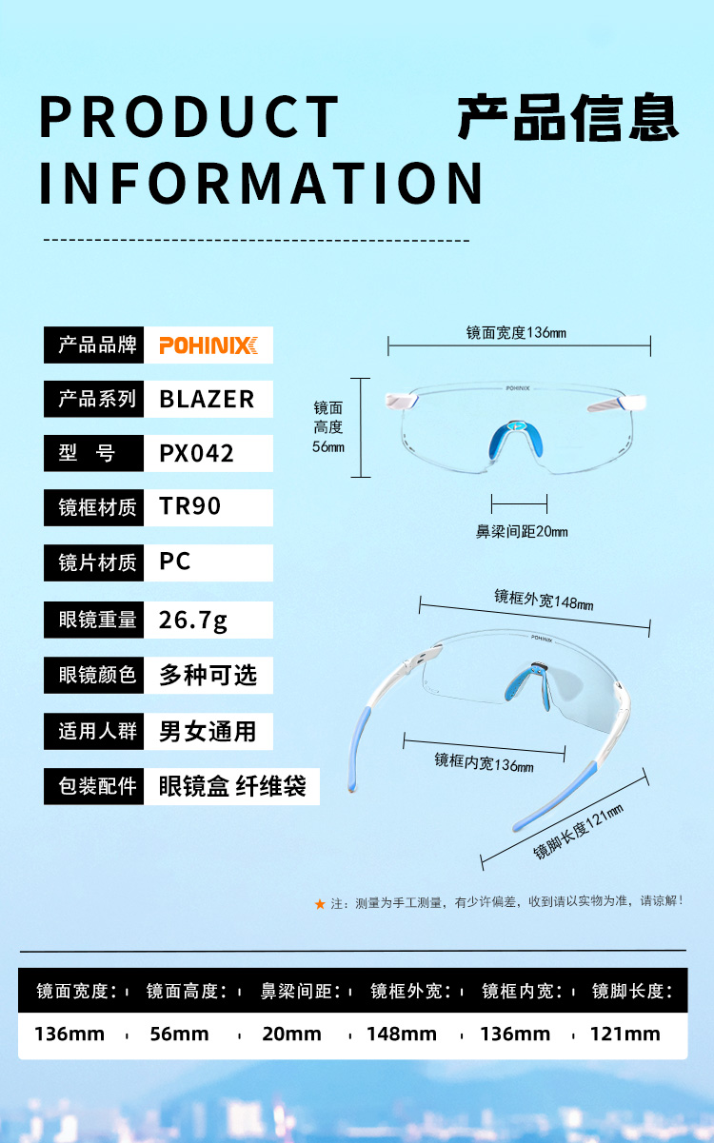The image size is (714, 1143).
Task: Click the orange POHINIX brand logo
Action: click(x=208, y=345)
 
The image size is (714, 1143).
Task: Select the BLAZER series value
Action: click(x=207, y=399)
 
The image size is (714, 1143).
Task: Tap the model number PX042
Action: click(x=196, y=453)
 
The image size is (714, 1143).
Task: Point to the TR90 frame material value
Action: click(x=190, y=506)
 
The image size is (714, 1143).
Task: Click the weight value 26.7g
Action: click(x=193, y=621)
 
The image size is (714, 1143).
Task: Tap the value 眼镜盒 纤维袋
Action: click(x=232, y=787)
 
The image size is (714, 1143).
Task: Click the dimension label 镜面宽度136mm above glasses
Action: click(x=516, y=332)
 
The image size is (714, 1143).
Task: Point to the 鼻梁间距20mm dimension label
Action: click(x=521, y=531)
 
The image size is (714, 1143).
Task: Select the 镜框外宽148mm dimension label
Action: click(x=544, y=600)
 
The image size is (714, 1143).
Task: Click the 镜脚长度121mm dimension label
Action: click(x=578, y=832)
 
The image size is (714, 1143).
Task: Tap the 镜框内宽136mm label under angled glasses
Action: click(x=484, y=761)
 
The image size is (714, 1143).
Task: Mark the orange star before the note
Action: click(x=320, y=904)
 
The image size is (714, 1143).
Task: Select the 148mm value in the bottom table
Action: click(x=402, y=1035)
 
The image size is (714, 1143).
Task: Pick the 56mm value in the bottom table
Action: click(x=179, y=1035)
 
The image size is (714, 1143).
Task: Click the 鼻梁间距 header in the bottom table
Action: click(x=301, y=992)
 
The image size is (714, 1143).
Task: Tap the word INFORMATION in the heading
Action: click(x=261, y=183)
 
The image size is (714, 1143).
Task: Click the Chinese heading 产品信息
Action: click(x=567, y=118)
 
